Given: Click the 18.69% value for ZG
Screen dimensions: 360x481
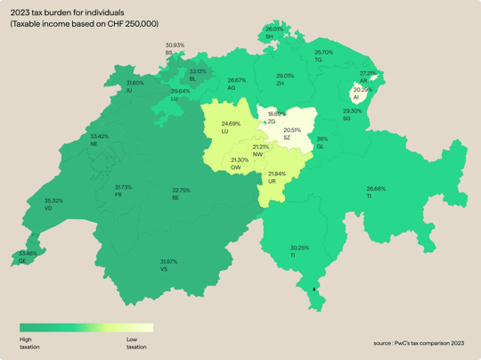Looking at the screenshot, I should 277,114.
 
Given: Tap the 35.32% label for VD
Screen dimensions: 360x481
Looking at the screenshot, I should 53,201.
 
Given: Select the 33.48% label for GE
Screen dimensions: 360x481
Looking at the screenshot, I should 28,253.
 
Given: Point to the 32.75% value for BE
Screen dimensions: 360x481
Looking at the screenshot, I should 181,190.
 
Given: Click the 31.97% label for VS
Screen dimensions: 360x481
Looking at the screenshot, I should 168,262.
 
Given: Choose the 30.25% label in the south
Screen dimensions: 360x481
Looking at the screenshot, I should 299,248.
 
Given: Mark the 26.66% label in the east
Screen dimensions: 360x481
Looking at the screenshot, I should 376,189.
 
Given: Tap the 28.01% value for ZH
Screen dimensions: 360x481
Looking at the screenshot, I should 285,76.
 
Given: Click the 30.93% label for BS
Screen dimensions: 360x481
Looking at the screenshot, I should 175,45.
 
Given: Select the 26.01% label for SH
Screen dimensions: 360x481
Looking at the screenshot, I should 274,29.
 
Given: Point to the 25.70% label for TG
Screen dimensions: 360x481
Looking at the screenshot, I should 323,53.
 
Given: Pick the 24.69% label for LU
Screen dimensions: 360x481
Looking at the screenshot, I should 231,124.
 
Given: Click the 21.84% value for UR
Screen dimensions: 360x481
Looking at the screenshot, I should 277,174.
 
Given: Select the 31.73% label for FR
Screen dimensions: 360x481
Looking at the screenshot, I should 124,187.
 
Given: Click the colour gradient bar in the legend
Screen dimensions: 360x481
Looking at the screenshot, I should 86,328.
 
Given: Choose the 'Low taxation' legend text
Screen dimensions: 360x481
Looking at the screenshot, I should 136,343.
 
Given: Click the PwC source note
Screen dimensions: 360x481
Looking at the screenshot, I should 419,342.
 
